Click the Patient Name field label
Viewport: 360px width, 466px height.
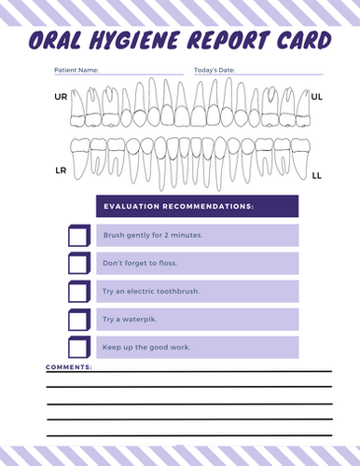coord(77,71)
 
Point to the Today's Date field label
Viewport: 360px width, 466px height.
coord(215,71)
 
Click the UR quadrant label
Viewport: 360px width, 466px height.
coord(61,97)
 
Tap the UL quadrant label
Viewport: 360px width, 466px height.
coord(316,96)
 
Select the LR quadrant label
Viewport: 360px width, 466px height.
coord(61,171)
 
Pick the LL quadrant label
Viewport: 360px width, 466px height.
coord(316,174)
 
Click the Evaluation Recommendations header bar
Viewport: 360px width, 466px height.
coord(197,206)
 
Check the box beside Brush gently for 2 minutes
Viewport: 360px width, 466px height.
coord(78,236)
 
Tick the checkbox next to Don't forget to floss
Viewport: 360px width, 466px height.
coord(78,264)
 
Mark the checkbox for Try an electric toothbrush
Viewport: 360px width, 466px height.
coord(78,292)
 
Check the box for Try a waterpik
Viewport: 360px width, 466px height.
coord(78,320)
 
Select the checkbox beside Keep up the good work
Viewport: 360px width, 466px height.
coord(78,348)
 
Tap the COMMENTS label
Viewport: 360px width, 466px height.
coord(69,367)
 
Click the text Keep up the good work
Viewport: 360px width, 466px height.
coord(146,348)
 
